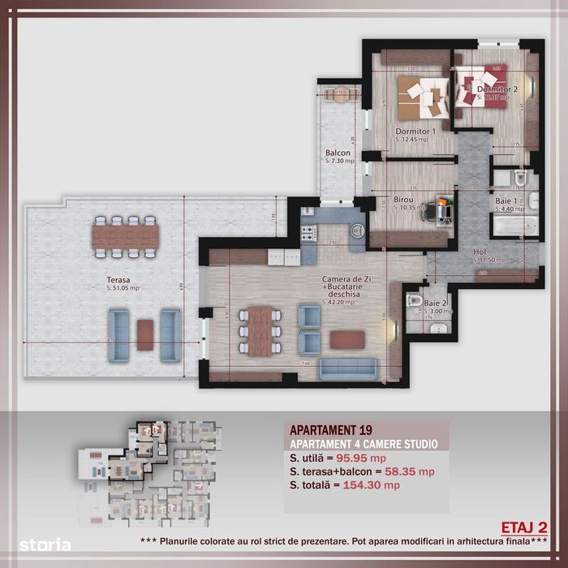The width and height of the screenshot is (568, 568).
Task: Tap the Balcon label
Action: [338, 153]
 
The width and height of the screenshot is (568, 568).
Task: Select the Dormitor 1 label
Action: [415, 131]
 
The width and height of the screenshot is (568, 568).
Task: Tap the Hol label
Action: [480, 252]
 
